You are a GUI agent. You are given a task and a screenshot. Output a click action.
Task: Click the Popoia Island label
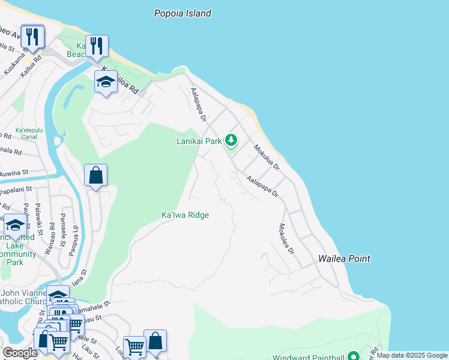coord(182,13)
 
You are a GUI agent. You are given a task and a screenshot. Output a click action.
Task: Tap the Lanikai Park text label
coord(199,142)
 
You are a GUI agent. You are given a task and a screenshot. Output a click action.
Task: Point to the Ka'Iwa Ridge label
coord(185,215)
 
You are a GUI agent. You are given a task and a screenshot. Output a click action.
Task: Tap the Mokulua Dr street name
coord(267,158)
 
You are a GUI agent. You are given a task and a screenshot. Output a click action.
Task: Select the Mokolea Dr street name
coord(286,239)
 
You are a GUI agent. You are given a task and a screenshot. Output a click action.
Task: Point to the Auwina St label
coord(14,173)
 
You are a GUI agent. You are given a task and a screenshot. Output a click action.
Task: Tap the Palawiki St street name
coord(38,219)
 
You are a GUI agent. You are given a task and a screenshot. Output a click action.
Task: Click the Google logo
coord(20,353)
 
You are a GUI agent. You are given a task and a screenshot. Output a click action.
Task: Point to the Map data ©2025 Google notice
coord(412,356)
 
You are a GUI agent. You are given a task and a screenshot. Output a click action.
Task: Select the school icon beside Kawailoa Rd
coord(106,82)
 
